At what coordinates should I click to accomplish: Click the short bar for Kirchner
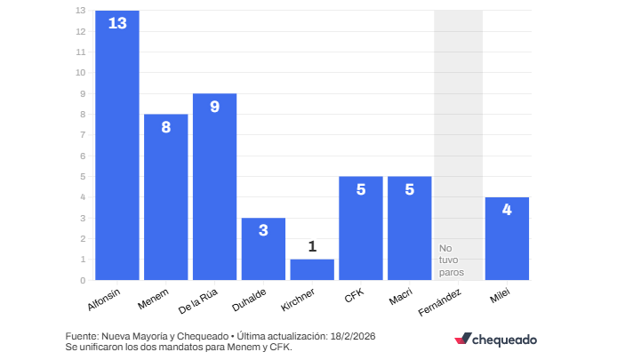point(312,270)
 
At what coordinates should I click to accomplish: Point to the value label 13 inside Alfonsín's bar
point(117,23)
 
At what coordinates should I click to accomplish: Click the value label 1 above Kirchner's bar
point(312,246)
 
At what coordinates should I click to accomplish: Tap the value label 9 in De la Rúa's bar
point(214,107)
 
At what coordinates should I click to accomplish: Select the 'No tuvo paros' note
point(452,260)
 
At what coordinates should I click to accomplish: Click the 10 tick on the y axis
point(80,73)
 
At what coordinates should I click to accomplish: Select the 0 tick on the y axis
point(83,280)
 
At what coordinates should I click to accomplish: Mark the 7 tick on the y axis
point(83,135)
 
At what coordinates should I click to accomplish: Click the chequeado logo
point(495,339)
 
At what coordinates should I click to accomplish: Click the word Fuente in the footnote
point(83,337)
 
